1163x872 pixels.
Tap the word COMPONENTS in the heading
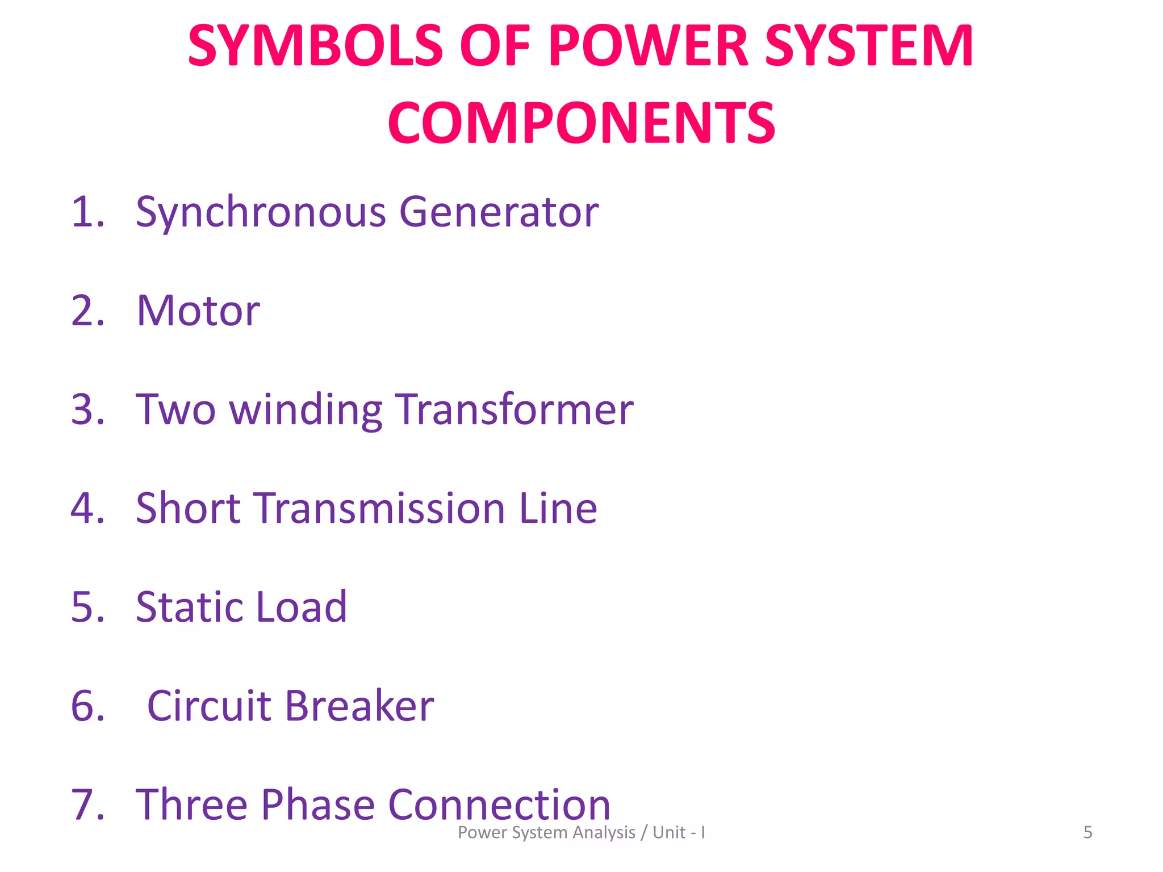(x=581, y=123)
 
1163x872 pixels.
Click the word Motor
(x=198, y=311)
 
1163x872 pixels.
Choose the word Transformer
(x=514, y=409)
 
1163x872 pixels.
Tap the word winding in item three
(x=306, y=409)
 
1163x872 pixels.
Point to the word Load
(x=302, y=607)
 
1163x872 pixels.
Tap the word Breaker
(x=359, y=706)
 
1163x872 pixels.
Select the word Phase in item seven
(x=318, y=804)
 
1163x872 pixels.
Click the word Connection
(x=499, y=804)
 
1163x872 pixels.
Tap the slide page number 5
(x=1087, y=832)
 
